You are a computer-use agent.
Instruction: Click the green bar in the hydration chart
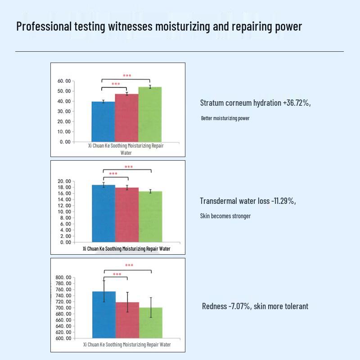(150, 114)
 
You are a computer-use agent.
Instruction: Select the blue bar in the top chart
(103, 121)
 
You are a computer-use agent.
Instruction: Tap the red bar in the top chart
(126, 117)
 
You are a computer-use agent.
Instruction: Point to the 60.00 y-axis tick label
(64, 81)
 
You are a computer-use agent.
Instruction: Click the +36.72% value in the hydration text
(296, 103)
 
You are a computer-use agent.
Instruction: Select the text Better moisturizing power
(225, 118)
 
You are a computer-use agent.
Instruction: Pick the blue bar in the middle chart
(103, 213)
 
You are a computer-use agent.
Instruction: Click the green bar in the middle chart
(150, 216)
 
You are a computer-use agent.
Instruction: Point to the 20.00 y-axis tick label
(64, 181)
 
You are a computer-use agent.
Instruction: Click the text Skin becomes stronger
(225, 216)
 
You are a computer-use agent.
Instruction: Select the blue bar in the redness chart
(104, 315)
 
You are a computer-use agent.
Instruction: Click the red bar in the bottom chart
(127, 320)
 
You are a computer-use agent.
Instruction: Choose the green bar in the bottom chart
(151, 323)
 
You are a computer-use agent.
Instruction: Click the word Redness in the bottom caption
(214, 306)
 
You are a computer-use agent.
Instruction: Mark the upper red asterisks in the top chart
(127, 76)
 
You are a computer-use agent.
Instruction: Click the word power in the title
(288, 27)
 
